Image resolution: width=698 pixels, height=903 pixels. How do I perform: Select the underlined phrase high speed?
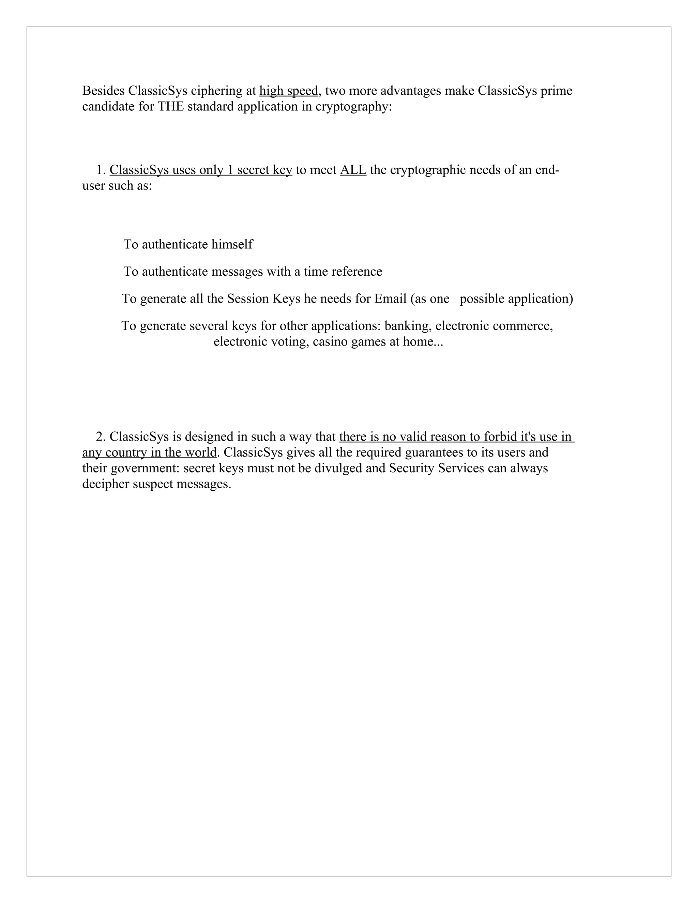pos(289,91)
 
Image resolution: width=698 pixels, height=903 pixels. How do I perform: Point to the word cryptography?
pos(353,107)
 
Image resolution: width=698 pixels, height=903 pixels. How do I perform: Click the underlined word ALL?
pos(353,170)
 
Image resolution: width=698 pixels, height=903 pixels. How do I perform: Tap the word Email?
pos(390,299)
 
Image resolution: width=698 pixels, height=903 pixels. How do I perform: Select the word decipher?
pos(105,484)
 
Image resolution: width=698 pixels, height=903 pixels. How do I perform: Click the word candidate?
pos(108,107)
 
